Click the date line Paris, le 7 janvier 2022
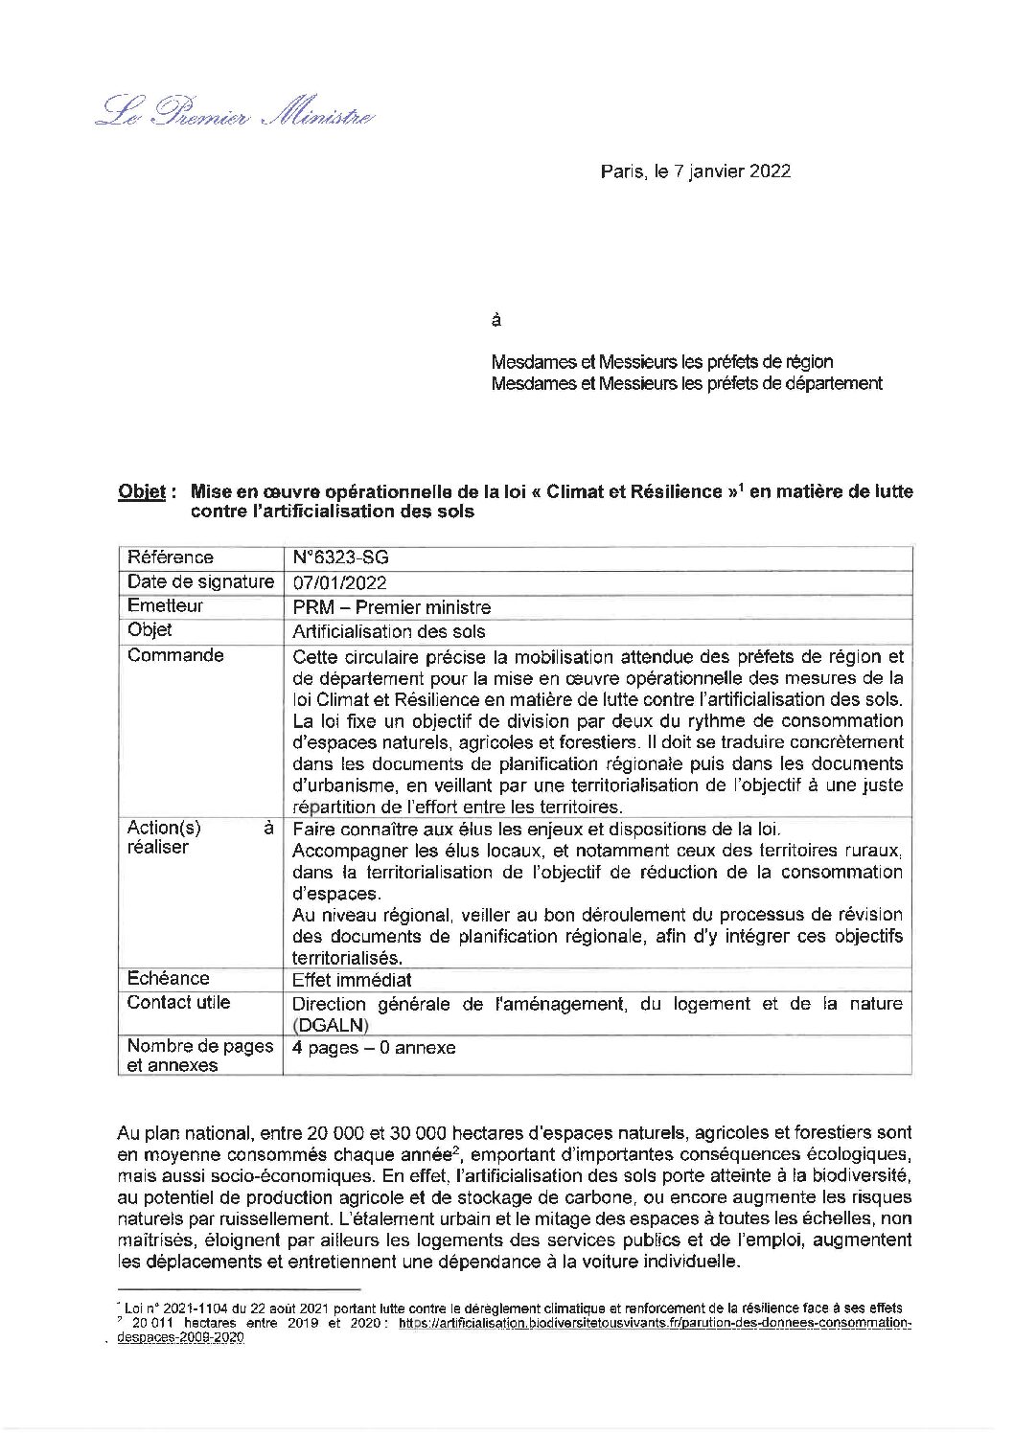tap(695, 172)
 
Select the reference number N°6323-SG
tap(340, 557)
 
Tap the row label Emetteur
tap(165, 606)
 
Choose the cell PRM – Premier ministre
tap(391, 607)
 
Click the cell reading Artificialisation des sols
tap(388, 631)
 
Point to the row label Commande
tap(175, 656)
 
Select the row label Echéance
tap(168, 978)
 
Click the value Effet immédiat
tap(352, 980)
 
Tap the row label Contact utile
tap(178, 1003)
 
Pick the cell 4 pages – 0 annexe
tap(374, 1047)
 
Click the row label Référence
tap(171, 557)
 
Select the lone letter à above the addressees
tap(495, 320)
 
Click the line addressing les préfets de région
tap(661, 362)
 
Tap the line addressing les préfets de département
tap(686, 383)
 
